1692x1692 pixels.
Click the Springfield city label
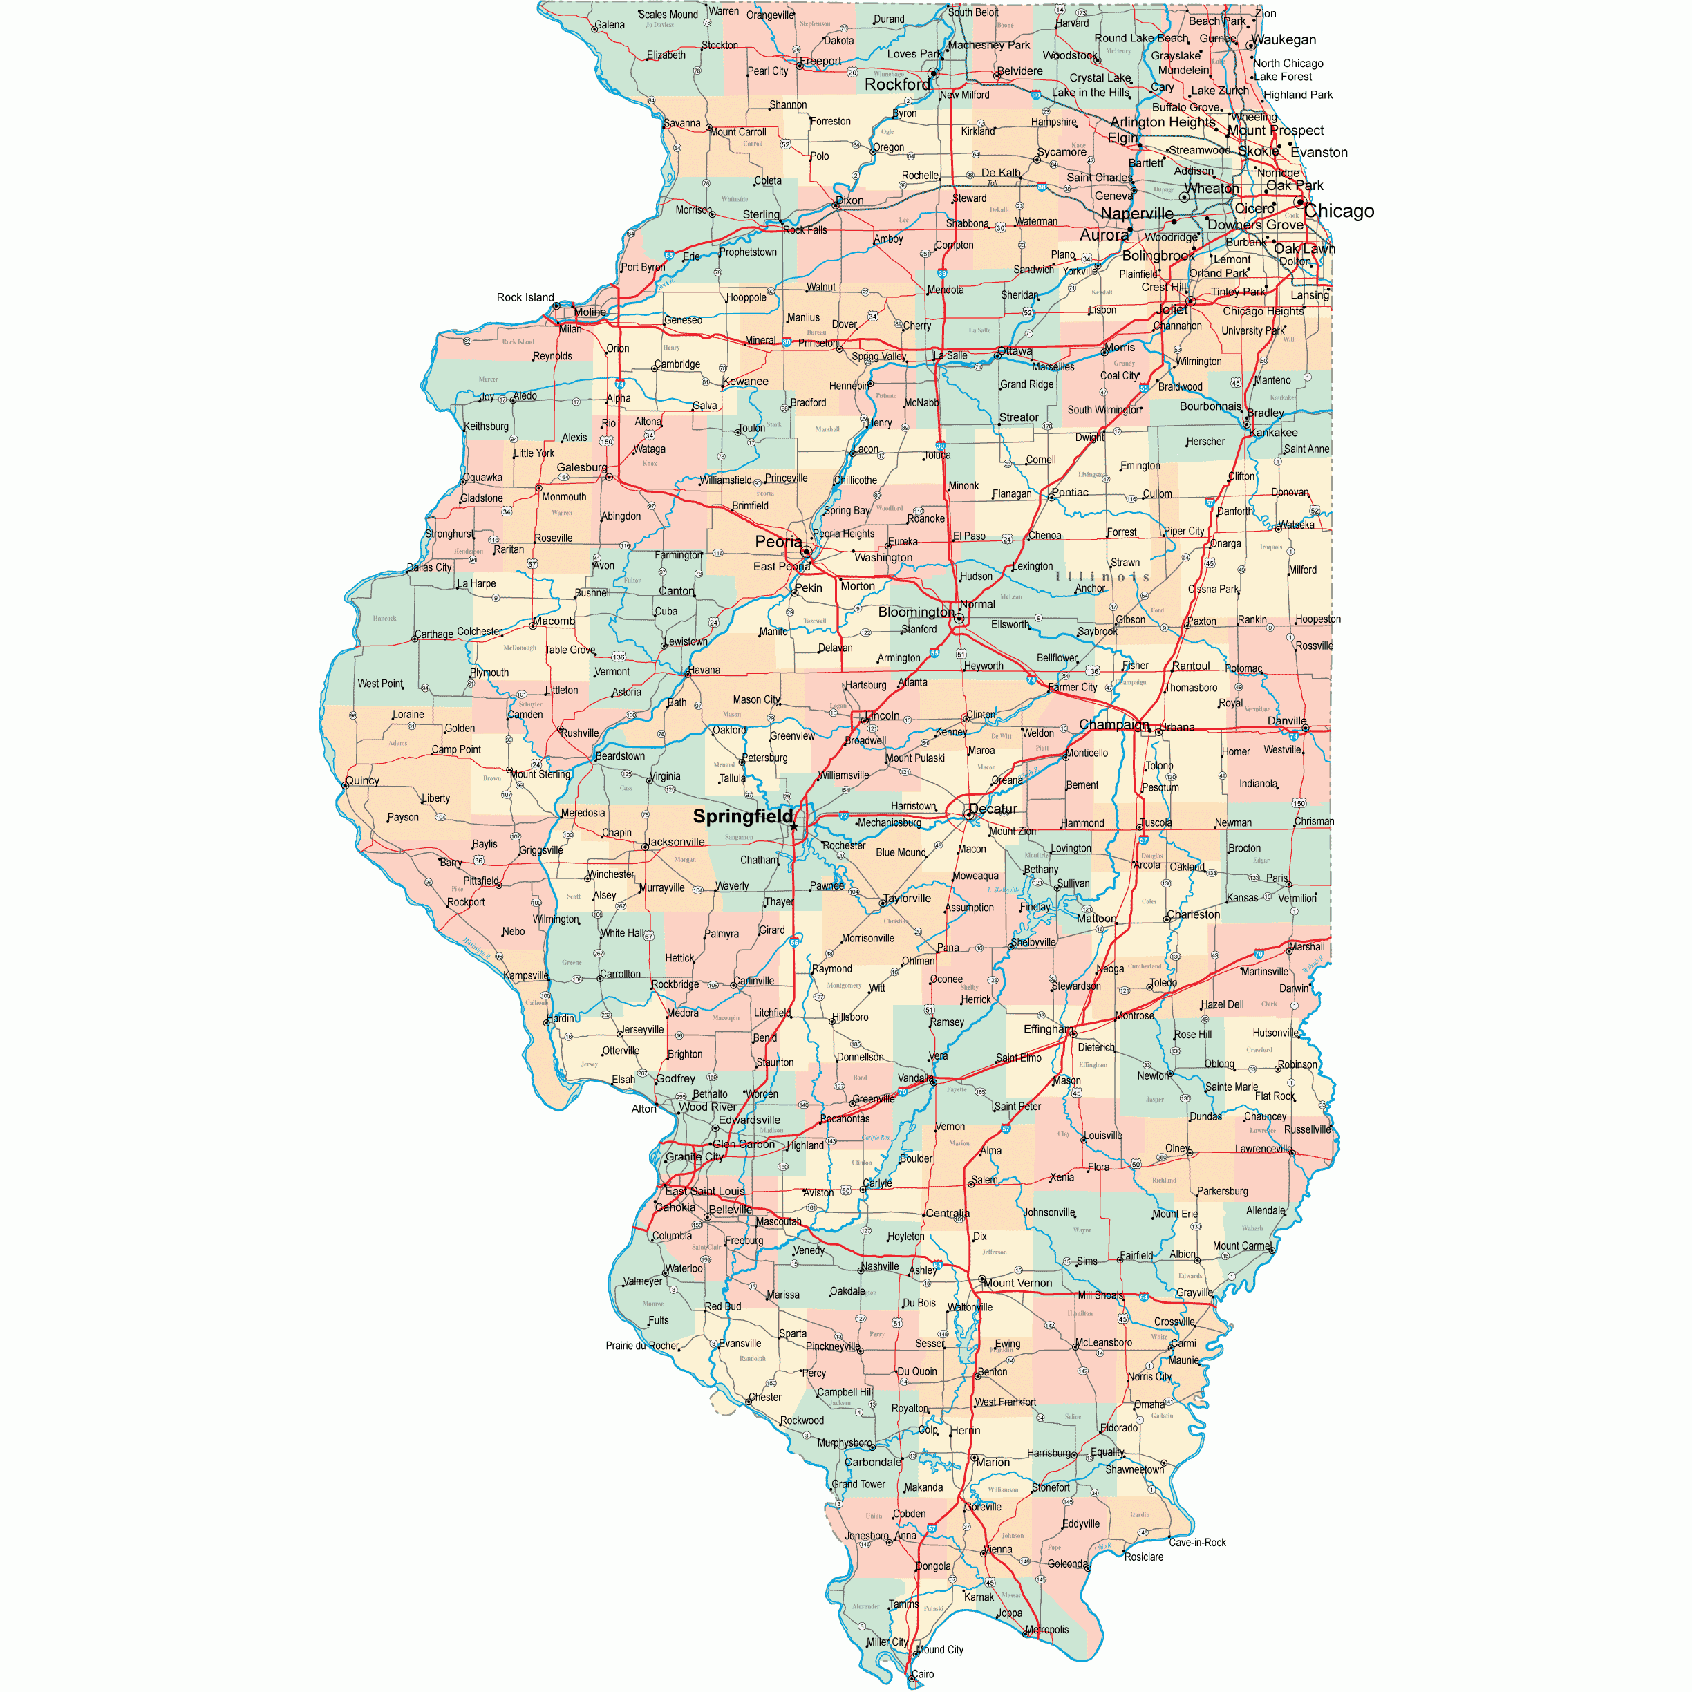(x=742, y=816)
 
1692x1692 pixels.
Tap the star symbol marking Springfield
(x=793, y=826)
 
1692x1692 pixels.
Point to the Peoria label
(x=778, y=542)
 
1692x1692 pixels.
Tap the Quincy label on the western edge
(x=363, y=780)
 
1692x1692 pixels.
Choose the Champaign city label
(x=1113, y=724)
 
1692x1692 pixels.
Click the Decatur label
(x=993, y=809)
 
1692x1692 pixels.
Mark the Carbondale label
(x=872, y=1462)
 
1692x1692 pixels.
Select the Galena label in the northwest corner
(x=610, y=24)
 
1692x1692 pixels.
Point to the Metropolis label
(x=1046, y=1630)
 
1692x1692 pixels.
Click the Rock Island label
(x=525, y=298)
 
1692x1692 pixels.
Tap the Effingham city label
(x=1047, y=1029)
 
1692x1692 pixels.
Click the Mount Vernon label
(x=1017, y=1283)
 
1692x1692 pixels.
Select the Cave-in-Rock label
(x=1196, y=1542)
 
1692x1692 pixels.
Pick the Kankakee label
(x=1273, y=433)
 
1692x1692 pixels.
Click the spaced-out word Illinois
(x=1102, y=577)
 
